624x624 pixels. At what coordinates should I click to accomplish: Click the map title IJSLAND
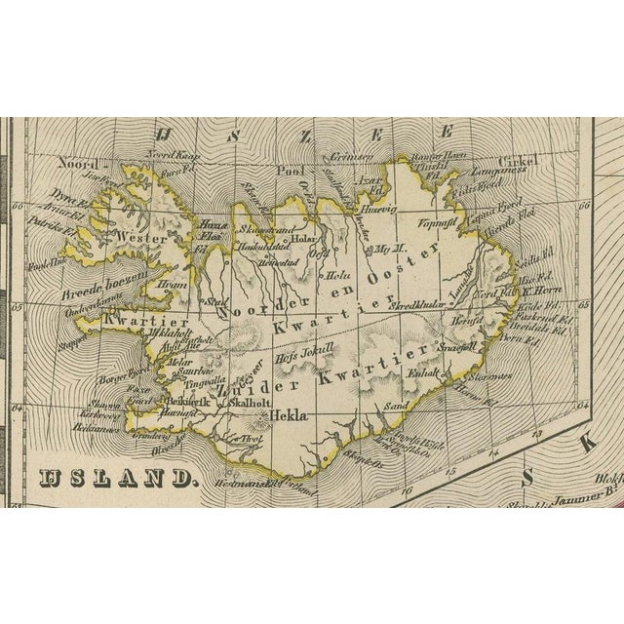pos(117,478)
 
